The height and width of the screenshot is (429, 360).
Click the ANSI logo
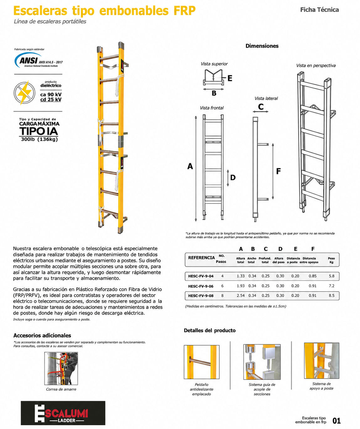point(39,60)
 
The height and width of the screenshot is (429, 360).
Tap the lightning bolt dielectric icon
point(24,93)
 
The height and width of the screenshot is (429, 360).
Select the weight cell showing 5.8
point(331,276)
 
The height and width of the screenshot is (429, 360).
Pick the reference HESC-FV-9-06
point(201,286)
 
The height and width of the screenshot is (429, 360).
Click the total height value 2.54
point(241,296)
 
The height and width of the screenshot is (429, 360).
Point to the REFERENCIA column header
point(201,258)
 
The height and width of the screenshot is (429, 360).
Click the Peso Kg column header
point(331,260)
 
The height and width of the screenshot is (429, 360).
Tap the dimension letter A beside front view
point(190,166)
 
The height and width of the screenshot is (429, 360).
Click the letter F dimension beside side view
point(278,171)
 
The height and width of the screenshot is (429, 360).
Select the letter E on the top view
point(230,78)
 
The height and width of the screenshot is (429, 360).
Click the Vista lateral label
point(266,98)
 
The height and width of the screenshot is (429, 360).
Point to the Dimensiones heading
point(262,46)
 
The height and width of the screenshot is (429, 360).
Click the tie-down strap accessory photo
point(61,369)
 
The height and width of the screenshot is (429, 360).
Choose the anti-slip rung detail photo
point(201,362)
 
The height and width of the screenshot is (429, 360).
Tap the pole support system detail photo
point(321,361)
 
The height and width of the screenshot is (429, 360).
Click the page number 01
point(337,421)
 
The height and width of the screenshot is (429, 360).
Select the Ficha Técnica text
point(320,10)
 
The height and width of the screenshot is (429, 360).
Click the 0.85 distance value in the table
point(313,276)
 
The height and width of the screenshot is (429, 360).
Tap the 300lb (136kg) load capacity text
point(39,139)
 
